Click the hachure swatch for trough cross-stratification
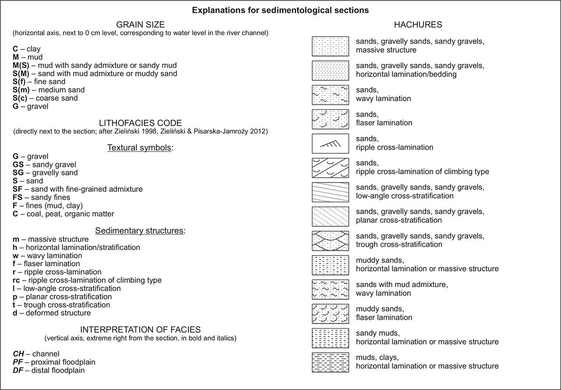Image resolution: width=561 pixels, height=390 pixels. click(x=330, y=241)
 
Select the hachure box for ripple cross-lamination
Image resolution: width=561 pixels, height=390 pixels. click(x=330, y=144)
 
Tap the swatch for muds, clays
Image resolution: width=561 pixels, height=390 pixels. click(x=330, y=362)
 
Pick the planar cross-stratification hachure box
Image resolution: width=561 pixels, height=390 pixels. click(x=330, y=216)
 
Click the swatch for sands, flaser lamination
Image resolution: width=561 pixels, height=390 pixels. click(x=330, y=119)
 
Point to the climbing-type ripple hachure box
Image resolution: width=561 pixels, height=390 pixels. click(x=330, y=168)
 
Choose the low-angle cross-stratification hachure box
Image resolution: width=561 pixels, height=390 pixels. click(x=330, y=192)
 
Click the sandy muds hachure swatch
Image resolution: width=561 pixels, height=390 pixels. click(x=330, y=338)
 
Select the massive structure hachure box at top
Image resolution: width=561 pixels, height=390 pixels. click(x=330, y=46)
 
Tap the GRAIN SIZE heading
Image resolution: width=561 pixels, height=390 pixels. click(x=140, y=25)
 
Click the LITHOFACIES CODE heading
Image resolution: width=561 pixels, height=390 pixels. click(x=140, y=123)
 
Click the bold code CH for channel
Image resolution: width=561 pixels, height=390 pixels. click(x=18, y=354)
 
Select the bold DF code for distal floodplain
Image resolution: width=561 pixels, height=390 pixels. click(x=18, y=370)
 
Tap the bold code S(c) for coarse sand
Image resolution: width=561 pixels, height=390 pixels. click(x=21, y=98)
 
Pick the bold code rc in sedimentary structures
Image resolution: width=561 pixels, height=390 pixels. click(x=17, y=280)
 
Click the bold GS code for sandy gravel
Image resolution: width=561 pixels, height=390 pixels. click(x=18, y=165)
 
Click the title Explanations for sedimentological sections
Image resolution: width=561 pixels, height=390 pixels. click(x=280, y=10)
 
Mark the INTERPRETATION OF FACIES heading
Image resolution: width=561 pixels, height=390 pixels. click(x=140, y=330)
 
